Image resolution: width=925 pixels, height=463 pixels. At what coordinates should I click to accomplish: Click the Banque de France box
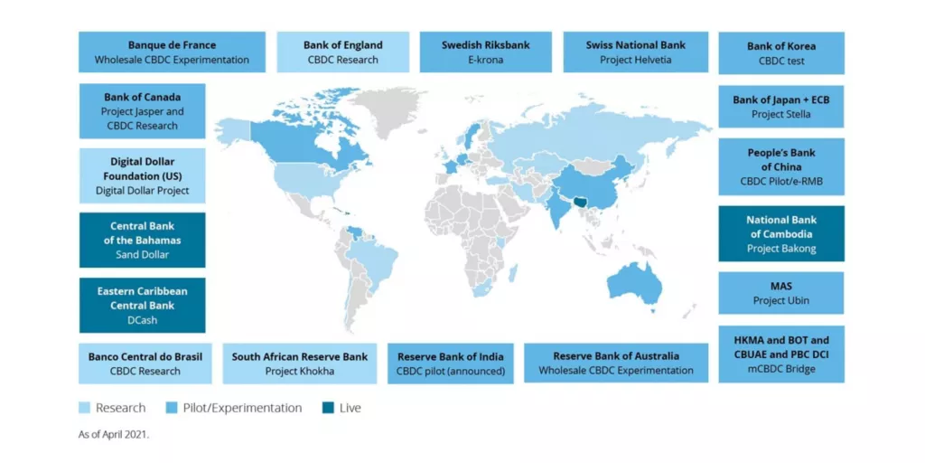(x=172, y=52)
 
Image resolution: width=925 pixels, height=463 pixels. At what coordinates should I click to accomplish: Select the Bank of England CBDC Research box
(x=342, y=52)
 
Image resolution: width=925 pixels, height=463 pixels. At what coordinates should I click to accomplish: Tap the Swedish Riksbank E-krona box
(x=485, y=52)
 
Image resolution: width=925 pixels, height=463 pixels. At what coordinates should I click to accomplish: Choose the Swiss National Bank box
(x=635, y=52)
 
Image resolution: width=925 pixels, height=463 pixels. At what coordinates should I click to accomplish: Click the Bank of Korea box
(x=780, y=53)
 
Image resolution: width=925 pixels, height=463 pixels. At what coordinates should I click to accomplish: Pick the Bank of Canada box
(x=142, y=111)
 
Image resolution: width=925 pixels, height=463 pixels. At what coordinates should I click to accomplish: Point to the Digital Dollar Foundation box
(x=142, y=175)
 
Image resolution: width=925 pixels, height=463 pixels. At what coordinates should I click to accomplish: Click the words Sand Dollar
(x=142, y=255)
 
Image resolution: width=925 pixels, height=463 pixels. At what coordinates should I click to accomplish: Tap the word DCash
(x=142, y=320)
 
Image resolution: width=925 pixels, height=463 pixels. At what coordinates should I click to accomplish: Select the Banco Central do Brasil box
(x=145, y=364)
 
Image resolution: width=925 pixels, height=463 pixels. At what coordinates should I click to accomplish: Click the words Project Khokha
(x=299, y=371)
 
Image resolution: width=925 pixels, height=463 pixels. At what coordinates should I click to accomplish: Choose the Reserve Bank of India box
(x=450, y=364)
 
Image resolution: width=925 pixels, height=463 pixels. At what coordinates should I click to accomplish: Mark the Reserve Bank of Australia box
(x=616, y=364)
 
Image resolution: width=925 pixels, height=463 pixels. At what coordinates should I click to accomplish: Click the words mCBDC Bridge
(x=780, y=369)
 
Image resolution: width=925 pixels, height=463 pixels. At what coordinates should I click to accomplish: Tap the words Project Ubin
(x=780, y=300)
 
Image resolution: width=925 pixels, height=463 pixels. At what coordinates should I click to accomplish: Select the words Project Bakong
(x=780, y=249)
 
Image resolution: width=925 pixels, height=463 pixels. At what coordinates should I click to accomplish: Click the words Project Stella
(x=780, y=115)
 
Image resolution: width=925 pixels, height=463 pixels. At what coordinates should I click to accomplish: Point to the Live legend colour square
(x=327, y=408)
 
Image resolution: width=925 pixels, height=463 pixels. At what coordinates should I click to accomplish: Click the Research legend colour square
(x=84, y=408)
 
